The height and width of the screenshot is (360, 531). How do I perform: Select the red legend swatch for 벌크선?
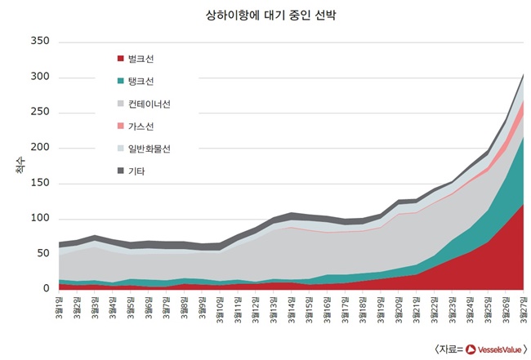point(121,59)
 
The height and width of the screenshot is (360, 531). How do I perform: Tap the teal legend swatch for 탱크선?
point(121,81)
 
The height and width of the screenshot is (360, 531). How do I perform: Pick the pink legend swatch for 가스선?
point(121,126)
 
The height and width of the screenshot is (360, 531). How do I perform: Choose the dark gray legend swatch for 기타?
point(121,171)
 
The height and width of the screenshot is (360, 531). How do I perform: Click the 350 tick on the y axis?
point(39,42)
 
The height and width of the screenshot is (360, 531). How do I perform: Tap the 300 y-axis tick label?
point(39,77)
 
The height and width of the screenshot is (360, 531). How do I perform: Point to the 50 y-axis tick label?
point(42,254)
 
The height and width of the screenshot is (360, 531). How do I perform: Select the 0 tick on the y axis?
point(46,289)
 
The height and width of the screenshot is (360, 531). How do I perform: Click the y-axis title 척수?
point(19,167)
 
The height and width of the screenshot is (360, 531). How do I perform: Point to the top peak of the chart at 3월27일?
point(523,74)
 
